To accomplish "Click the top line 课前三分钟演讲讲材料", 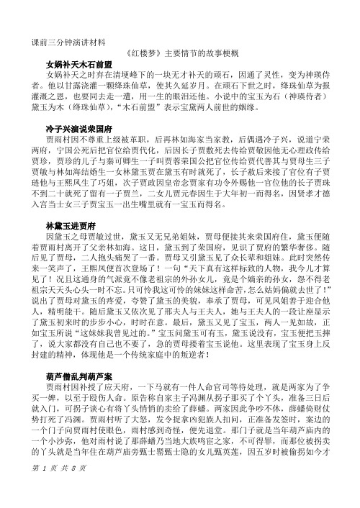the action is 66,40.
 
